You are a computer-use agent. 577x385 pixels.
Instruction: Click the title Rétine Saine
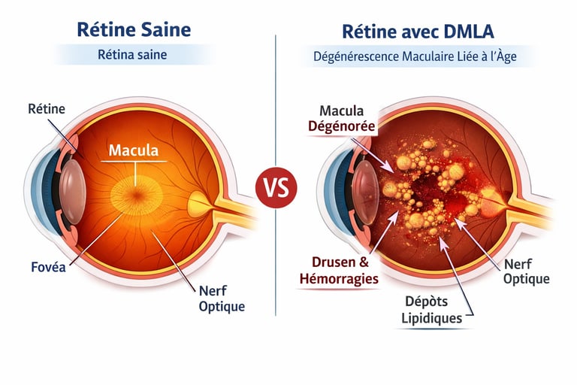[x=134, y=29]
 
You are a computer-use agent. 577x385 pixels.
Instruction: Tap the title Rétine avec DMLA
[x=418, y=31]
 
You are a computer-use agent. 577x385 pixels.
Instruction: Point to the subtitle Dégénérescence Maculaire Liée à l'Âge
[x=418, y=56]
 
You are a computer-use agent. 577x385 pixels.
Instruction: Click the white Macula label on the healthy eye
[x=134, y=150]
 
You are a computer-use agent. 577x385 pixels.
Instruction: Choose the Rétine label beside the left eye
[x=47, y=109]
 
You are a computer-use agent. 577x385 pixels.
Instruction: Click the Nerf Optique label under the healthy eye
[x=222, y=299]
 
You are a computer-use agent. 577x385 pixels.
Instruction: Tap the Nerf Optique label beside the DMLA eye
[x=526, y=271]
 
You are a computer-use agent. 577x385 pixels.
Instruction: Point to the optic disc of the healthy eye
[x=198, y=203]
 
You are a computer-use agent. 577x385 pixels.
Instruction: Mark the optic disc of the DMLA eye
[x=492, y=199]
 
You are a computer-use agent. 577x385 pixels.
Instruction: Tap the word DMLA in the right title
[x=467, y=31]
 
